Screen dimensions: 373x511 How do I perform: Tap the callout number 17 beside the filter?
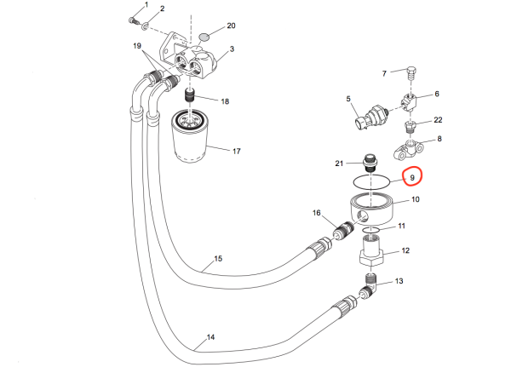(237, 152)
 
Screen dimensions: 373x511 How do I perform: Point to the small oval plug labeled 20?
(204, 37)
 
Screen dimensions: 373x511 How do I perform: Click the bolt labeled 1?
(134, 19)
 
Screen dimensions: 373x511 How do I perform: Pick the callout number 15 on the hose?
(217, 258)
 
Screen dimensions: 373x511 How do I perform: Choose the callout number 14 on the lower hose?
(210, 338)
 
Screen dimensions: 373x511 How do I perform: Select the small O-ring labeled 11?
(370, 229)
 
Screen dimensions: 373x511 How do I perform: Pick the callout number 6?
(438, 94)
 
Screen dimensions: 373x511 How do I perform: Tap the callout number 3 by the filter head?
(232, 51)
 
